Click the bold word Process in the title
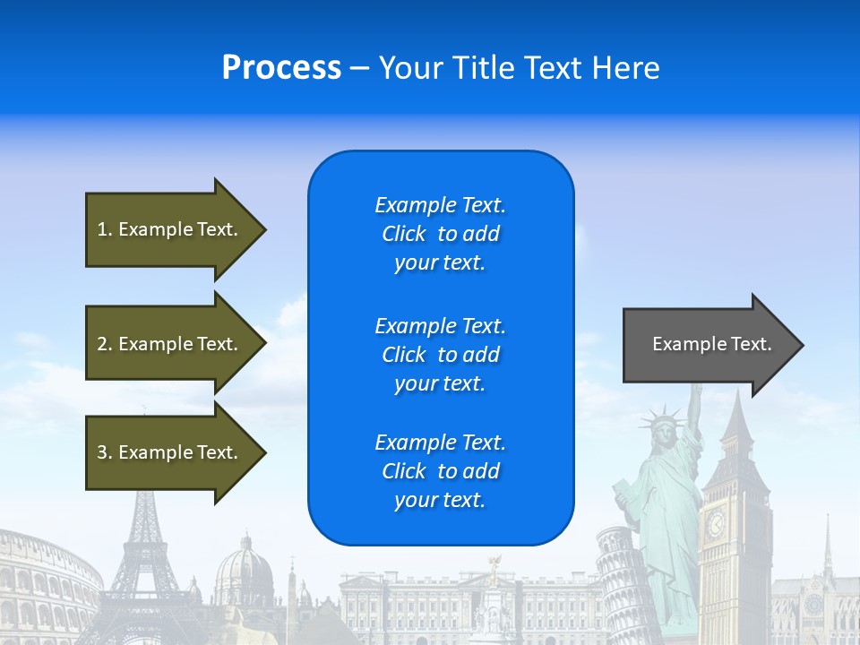[281, 68]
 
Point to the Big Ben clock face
[716, 524]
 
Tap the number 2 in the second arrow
[102, 344]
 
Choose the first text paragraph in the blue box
[440, 234]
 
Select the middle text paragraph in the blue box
[440, 355]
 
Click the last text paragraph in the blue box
[440, 471]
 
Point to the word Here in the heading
[626, 68]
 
